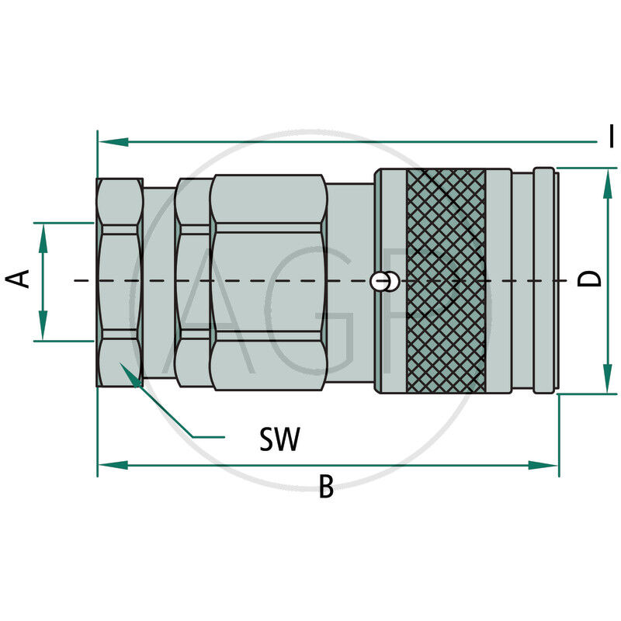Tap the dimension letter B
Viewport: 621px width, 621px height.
coord(326,487)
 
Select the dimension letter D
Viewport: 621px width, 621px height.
coord(592,279)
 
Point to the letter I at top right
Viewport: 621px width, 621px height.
coord(612,136)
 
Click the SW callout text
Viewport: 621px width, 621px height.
coord(279,440)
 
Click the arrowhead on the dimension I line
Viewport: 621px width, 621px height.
coord(113,142)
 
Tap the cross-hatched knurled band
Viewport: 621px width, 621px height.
coord(446,279)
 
